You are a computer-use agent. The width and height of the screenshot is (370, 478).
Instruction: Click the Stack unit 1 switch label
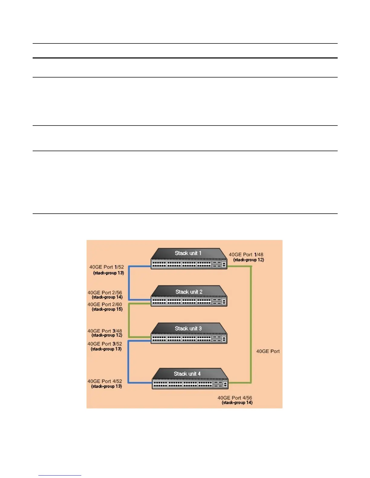coord(188,253)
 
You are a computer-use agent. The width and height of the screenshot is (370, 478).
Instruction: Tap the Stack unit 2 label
coord(189,292)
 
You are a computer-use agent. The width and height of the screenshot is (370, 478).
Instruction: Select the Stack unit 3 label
coord(188,328)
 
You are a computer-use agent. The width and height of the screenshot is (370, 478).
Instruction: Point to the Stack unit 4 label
coord(187,374)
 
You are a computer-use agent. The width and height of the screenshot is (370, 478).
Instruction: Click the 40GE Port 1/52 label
coord(106,267)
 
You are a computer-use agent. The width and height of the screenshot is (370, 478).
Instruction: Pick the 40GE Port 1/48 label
coord(246,255)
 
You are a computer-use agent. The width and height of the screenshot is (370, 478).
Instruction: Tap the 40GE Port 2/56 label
coord(105,292)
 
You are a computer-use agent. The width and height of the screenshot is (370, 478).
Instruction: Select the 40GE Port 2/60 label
coord(105,304)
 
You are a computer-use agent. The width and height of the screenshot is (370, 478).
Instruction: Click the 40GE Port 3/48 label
coord(105,331)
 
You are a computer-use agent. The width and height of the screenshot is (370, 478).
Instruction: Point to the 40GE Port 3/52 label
coord(105,344)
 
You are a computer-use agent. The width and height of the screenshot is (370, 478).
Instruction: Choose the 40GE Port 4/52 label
coord(105,381)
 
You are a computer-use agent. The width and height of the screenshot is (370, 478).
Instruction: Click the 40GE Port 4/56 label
coord(235,398)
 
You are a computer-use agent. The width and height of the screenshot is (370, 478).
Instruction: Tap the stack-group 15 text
coord(107,309)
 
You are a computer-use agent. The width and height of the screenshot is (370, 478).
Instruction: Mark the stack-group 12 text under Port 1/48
coord(248,260)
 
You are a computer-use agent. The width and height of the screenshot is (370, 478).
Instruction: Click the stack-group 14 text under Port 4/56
coord(237,403)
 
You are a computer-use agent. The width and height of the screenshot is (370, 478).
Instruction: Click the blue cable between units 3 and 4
coord(128,362)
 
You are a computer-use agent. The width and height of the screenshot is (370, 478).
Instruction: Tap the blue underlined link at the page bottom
coord(60,475)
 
